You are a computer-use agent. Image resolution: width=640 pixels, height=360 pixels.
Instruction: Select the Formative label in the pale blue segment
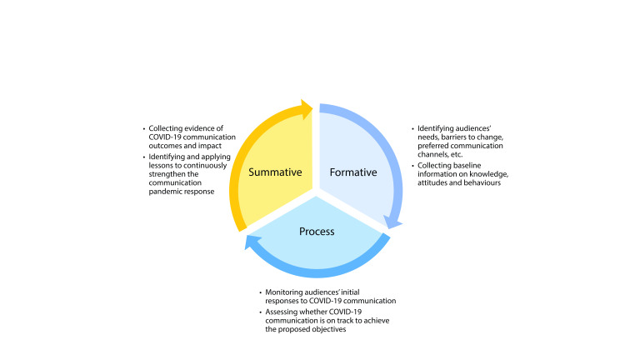(354, 172)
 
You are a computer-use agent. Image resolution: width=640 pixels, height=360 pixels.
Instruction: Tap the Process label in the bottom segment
(316, 231)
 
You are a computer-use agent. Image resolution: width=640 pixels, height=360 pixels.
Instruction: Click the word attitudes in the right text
(434, 184)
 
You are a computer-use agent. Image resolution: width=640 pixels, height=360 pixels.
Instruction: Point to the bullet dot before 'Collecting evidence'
(143, 128)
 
